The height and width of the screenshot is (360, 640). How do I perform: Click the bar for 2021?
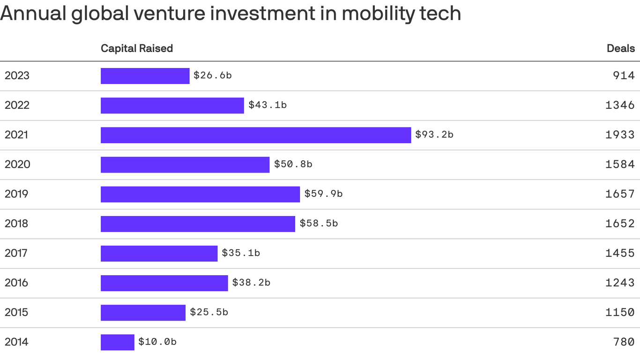tap(256, 135)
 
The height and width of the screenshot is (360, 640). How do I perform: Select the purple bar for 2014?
tap(118, 342)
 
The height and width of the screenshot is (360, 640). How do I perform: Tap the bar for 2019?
tap(200, 194)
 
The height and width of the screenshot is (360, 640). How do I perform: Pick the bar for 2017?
tap(159, 253)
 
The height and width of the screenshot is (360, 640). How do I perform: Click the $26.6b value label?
tap(212, 75)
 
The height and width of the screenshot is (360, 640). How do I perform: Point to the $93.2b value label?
tap(434, 135)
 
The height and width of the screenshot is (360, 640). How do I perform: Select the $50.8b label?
tap(293, 164)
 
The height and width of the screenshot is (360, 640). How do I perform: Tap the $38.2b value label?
tap(251, 283)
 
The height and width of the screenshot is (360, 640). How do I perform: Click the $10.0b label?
tap(157, 342)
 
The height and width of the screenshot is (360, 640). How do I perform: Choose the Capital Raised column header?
tap(137, 48)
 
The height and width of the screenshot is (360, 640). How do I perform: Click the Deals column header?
tap(621, 48)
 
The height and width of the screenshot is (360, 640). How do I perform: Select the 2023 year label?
tap(17, 75)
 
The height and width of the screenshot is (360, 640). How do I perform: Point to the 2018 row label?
tap(16, 224)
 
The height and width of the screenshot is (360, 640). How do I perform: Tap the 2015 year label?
tap(16, 312)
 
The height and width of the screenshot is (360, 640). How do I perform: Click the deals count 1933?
tap(620, 135)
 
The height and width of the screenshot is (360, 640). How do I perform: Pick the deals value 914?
tap(624, 75)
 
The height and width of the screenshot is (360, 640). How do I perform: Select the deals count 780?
tap(624, 342)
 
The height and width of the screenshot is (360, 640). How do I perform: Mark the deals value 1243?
tap(620, 283)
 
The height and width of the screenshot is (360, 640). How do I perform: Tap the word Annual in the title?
tap(33, 13)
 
